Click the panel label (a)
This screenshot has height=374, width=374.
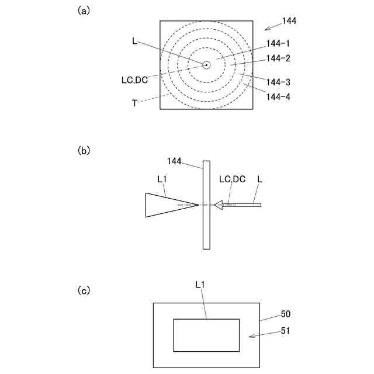click(x=84, y=10)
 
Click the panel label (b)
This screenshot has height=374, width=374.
click(x=84, y=150)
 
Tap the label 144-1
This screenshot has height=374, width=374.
click(x=278, y=43)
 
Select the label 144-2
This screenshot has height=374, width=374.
click(x=278, y=58)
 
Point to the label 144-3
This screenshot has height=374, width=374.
click(x=278, y=82)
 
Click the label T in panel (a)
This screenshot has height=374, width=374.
click(x=134, y=103)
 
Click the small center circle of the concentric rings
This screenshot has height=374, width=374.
click(x=206, y=65)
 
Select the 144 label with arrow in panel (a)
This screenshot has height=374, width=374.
click(x=289, y=21)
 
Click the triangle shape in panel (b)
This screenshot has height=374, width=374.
click(x=164, y=205)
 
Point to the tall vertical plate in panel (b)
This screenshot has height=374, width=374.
click(x=206, y=205)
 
